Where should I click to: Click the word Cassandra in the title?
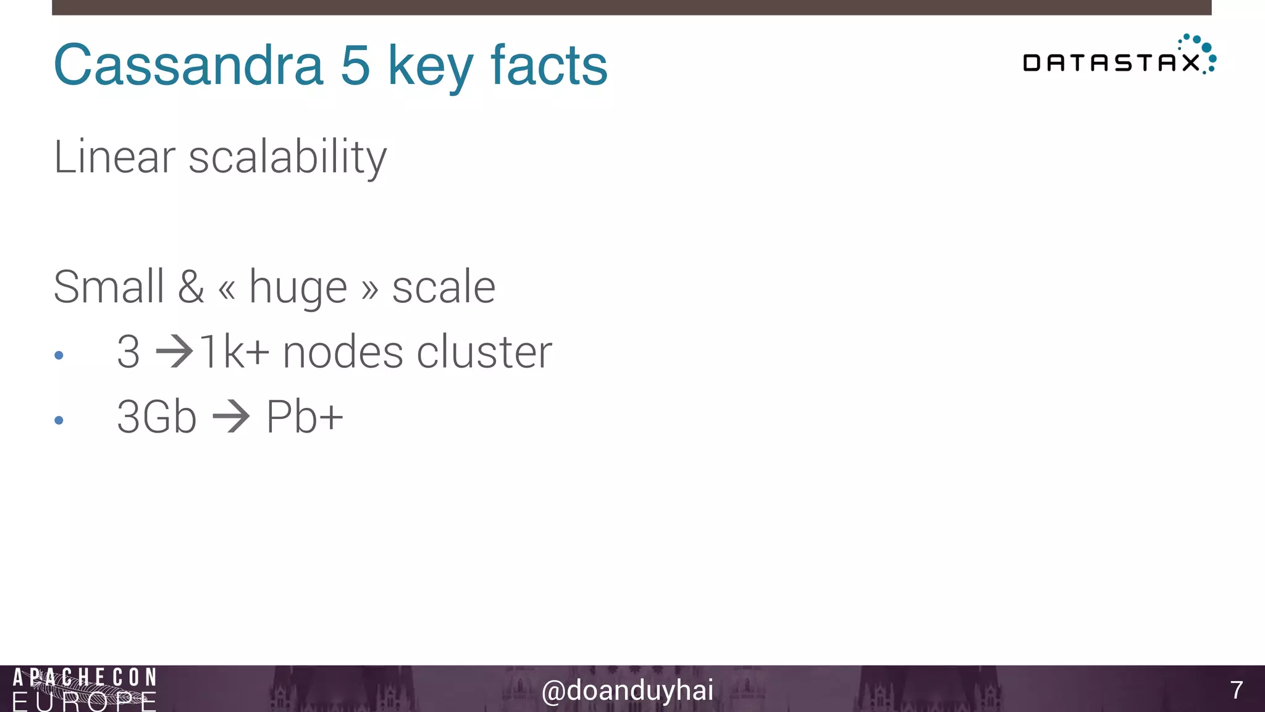[188, 66]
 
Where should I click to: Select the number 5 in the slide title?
[355, 66]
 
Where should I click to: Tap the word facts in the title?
[549, 66]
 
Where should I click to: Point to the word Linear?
[114, 157]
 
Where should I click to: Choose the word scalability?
[288, 158]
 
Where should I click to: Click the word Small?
[109, 287]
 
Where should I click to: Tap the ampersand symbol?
[191, 287]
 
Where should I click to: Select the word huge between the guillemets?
[298, 288]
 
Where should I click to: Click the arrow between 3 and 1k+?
[174, 352]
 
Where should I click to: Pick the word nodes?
[343, 352]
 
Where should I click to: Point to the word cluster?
[484, 352]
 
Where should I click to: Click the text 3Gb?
[156, 417]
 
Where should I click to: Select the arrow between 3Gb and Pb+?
[231, 417]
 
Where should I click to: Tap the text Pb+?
[305, 417]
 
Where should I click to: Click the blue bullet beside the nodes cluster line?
[59, 355]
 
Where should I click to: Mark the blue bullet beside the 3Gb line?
[59, 420]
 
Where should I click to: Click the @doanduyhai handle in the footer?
[628, 690]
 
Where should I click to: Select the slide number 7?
[1236, 690]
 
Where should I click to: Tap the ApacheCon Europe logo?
[85, 689]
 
